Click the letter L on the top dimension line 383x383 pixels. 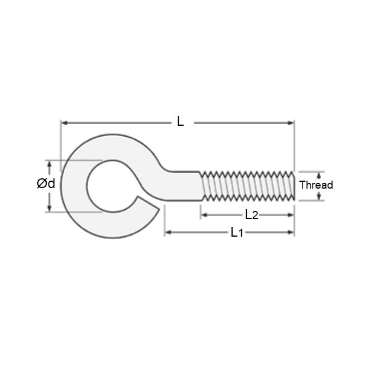tap(181, 121)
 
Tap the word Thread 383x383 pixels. tap(316, 185)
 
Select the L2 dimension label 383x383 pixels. tap(250, 215)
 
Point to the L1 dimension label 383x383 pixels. tap(237, 232)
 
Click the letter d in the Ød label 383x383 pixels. tap(51, 184)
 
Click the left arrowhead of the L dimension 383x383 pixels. tap(64, 122)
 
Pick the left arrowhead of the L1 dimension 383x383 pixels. tap(168, 233)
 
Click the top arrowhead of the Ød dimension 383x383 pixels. tap(49, 163)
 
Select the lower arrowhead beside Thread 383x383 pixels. tap(319, 197)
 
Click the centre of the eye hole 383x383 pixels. tap(112, 185)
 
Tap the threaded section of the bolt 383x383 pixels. tap(247, 185)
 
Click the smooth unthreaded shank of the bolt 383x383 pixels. tap(184, 185)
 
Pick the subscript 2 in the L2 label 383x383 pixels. tap(255, 216)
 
